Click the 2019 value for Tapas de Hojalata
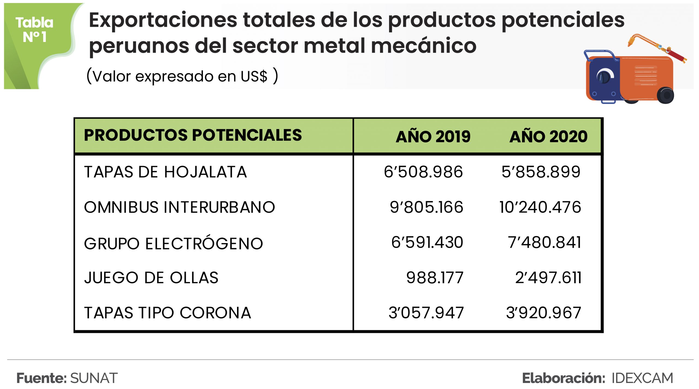[x=423, y=172]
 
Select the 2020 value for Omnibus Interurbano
[x=540, y=207]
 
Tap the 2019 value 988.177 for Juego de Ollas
[x=435, y=278]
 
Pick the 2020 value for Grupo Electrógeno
[x=544, y=242]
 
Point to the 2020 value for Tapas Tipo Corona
[x=543, y=313]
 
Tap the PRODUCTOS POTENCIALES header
[x=193, y=135]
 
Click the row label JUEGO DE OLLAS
[x=151, y=278]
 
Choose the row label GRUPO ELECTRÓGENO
[x=173, y=243]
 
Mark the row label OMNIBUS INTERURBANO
[x=179, y=207]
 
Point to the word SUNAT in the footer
[x=94, y=378]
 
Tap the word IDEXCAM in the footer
[x=642, y=378]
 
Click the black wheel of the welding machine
[x=665, y=95]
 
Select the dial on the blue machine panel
[x=605, y=76]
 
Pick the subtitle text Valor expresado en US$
[x=182, y=76]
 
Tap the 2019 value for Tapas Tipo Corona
[x=426, y=313]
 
